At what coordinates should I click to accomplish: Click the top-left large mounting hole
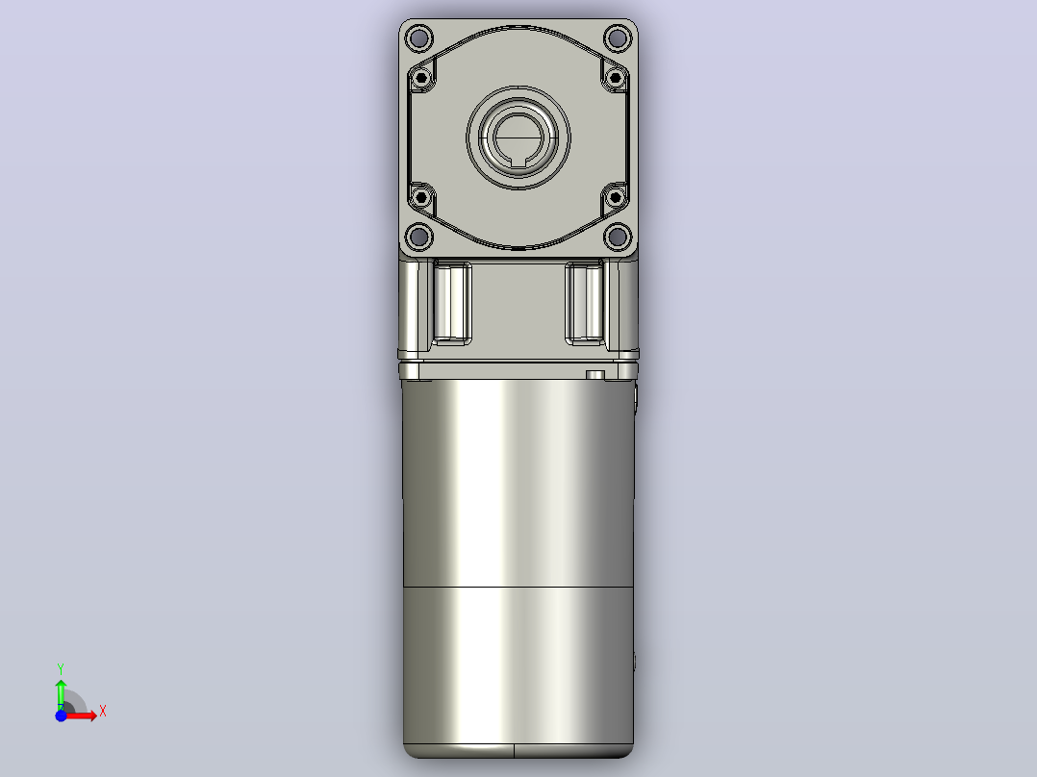pyautogui.click(x=418, y=38)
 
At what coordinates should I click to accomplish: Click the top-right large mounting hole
pyautogui.click(x=618, y=38)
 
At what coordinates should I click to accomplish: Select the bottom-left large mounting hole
pyautogui.click(x=418, y=236)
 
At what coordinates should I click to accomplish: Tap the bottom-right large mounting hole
pyautogui.click(x=618, y=236)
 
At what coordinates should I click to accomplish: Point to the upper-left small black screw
pyautogui.click(x=421, y=78)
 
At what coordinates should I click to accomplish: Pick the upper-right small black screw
pyautogui.click(x=615, y=78)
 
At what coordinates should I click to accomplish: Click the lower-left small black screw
pyautogui.click(x=421, y=196)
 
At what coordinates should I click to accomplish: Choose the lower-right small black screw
pyautogui.click(x=615, y=196)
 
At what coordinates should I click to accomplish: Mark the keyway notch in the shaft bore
pyautogui.click(x=518, y=160)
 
